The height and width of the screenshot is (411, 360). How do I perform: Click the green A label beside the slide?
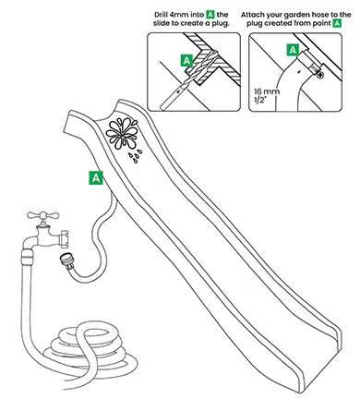coord(96,177)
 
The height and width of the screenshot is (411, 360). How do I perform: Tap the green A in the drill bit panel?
coord(186,61)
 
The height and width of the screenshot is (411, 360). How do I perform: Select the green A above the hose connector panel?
coord(293,50)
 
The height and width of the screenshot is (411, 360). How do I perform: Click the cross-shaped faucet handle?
coord(42,215)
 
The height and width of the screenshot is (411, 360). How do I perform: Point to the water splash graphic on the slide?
coord(122,133)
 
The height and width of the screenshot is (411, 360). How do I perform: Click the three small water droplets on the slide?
coord(136,156)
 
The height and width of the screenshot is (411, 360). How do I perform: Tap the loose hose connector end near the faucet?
coord(66,260)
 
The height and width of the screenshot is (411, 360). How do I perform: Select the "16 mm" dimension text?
coord(267,91)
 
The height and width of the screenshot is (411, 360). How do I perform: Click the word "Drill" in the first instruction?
coord(162,15)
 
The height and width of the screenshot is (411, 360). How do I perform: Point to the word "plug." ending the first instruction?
coord(221,23)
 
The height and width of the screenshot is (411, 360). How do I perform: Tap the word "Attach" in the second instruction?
coord(251,15)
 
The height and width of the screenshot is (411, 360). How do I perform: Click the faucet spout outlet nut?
coord(65,238)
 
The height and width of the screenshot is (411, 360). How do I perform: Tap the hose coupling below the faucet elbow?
coord(27,258)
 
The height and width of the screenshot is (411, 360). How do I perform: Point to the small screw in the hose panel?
coord(320,74)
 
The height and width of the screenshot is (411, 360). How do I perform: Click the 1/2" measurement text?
coord(260,100)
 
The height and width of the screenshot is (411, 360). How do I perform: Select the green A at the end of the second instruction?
coord(338,23)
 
